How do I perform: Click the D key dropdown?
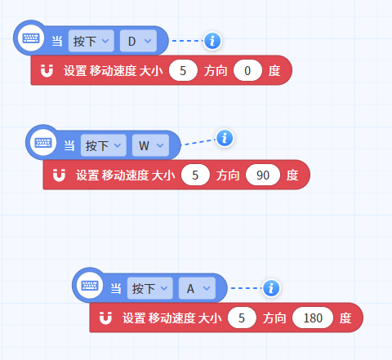point(138,41)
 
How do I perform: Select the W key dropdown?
point(150,145)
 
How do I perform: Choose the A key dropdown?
point(197,288)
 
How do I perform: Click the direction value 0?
point(247,70)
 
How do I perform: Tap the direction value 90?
point(263,175)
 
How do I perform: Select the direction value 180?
point(313,318)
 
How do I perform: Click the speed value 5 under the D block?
point(183,70)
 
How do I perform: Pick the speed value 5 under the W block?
point(195,175)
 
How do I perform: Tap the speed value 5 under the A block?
point(242,318)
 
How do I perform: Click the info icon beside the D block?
point(212,41)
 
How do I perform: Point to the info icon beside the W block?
point(225,138)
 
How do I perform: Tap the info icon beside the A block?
point(271,288)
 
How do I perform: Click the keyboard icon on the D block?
point(31,38)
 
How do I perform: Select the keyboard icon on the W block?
point(43,142)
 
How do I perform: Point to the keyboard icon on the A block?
point(90,285)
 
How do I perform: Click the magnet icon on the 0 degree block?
point(47,71)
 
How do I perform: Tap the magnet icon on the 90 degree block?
point(59,176)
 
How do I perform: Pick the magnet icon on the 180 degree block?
point(105,318)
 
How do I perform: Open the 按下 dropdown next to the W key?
point(104,145)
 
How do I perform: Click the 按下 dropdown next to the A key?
point(150,288)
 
